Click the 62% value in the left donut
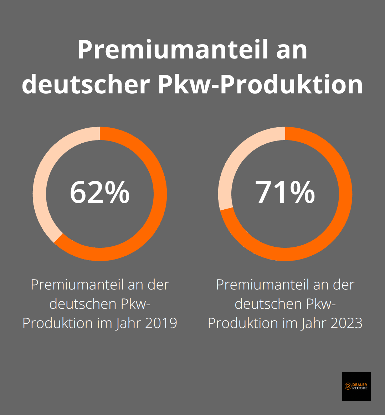tap(99, 193)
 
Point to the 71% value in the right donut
tap(285, 193)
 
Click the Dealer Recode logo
tap(356, 386)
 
